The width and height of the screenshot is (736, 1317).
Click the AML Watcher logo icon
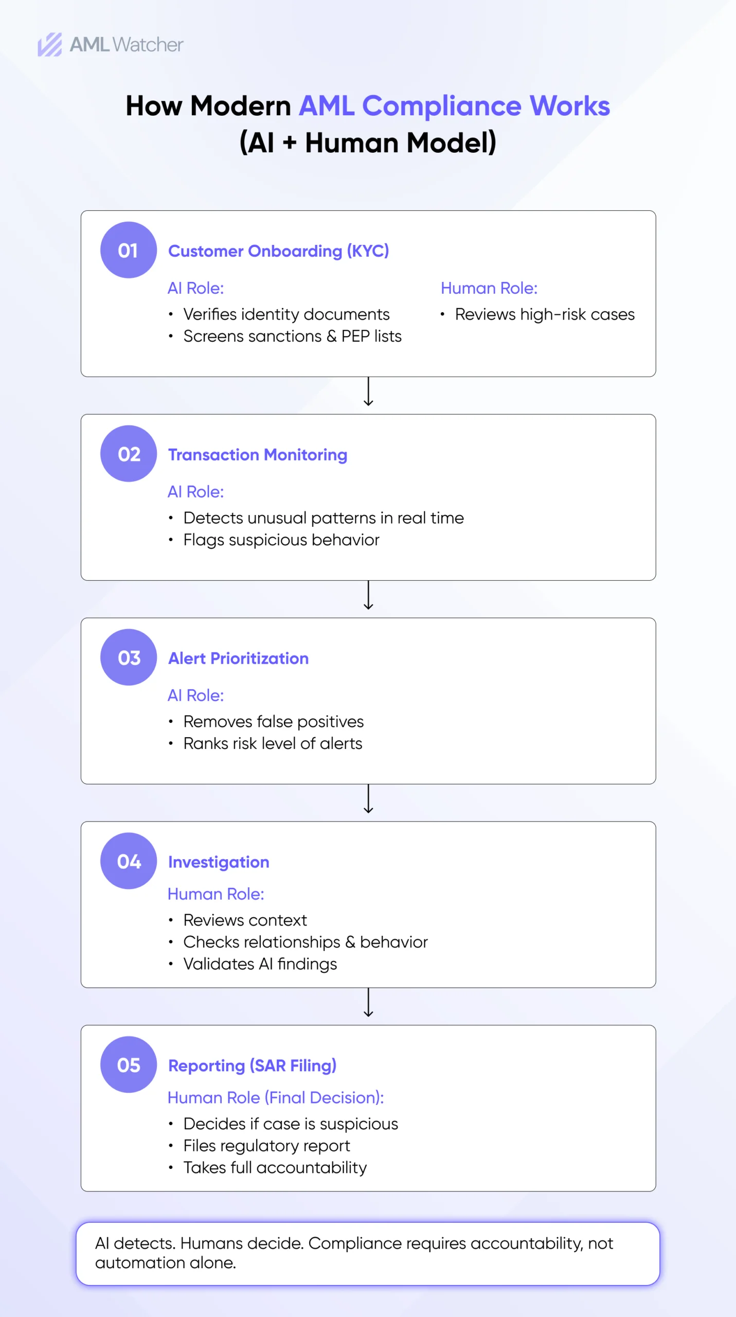click(50, 44)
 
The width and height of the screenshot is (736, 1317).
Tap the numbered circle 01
click(128, 250)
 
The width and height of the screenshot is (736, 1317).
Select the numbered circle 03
click(128, 657)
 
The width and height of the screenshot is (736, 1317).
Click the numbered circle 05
click(128, 1064)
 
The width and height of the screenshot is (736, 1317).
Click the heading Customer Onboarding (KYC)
click(278, 251)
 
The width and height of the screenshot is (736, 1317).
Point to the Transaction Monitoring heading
click(258, 455)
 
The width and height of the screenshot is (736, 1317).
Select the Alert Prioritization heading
click(239, 658)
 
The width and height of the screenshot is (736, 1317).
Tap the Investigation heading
click(219, 862)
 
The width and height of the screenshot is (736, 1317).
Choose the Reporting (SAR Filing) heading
click(252, 1065)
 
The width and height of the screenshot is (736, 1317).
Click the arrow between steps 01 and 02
click(368, 391)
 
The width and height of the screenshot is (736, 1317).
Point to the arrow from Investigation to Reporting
click(368, 1002)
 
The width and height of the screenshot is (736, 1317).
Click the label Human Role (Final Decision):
click(276, 1097)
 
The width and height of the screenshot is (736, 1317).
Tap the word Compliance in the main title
click(442, 106)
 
